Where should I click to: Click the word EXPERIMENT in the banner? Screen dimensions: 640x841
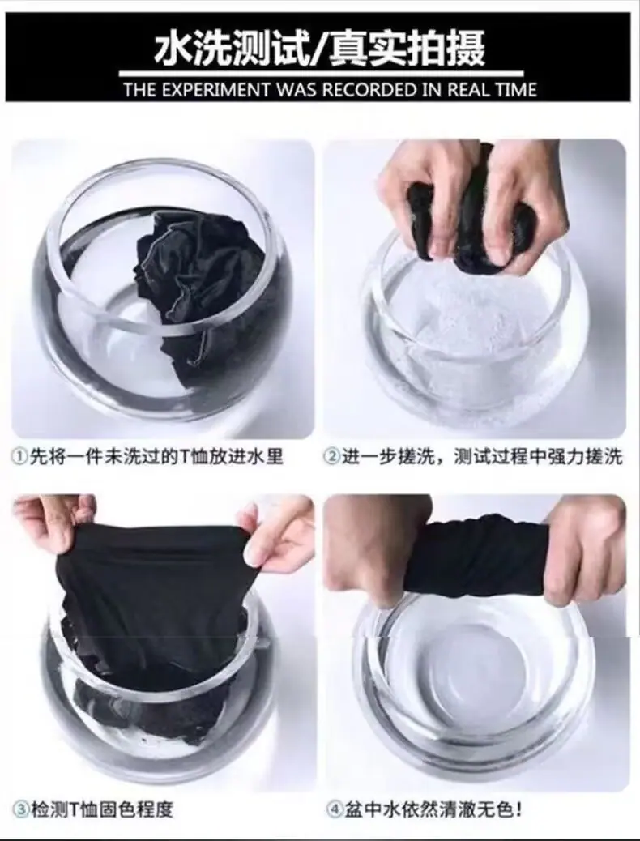[216, 90]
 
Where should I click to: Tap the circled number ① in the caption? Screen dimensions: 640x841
[19, 457]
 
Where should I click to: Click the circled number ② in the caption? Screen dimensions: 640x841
[332, 457]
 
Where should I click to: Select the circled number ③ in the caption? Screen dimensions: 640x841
[21, 809]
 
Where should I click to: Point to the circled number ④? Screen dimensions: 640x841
[335, 809]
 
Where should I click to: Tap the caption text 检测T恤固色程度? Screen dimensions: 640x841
[101, 809]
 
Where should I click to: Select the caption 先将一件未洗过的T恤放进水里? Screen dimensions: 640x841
[156, 457]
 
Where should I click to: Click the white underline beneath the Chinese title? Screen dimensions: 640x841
[321, 74]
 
